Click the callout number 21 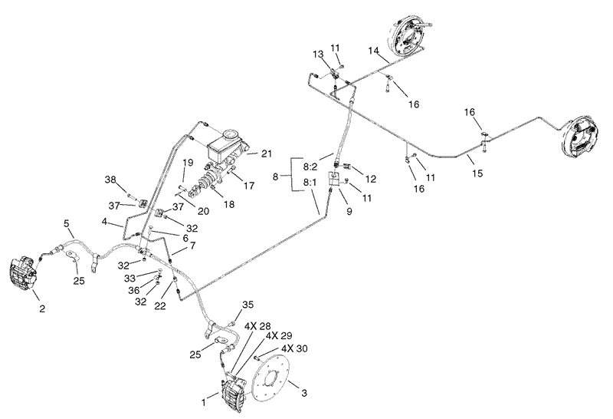(266, 154)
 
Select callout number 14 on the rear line (374, 51)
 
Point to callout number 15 (477, 174)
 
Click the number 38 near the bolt (110, 180)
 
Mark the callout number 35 (247, 305)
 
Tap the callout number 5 (67, 223)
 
